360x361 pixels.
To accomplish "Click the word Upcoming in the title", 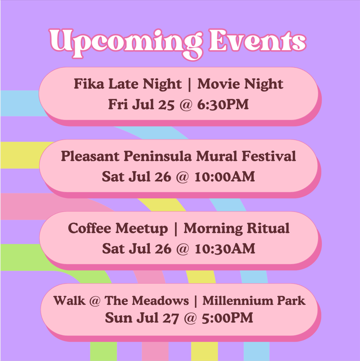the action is [x=126, y=44].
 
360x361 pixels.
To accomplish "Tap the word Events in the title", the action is [x=258, y=40].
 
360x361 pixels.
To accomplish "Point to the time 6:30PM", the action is [x=223, y=104].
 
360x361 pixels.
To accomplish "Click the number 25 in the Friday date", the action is [x=166, y=104].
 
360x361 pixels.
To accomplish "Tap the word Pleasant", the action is [x=90, y=156].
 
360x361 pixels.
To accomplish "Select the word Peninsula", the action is [x=158, y=156].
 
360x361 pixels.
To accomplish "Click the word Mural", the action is [x=217, y=156].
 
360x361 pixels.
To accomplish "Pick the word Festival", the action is [x=269, y=156].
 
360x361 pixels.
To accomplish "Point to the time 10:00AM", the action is [x=225, y=177].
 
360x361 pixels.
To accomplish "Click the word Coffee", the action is [x=89, y=228].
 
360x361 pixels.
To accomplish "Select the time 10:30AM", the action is [x=225, y=249].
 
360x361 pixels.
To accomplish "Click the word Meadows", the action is [x=160, y=301].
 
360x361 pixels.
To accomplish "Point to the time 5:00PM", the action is [x=227, y=318].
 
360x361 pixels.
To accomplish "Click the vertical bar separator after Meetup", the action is [x=176, y=229].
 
